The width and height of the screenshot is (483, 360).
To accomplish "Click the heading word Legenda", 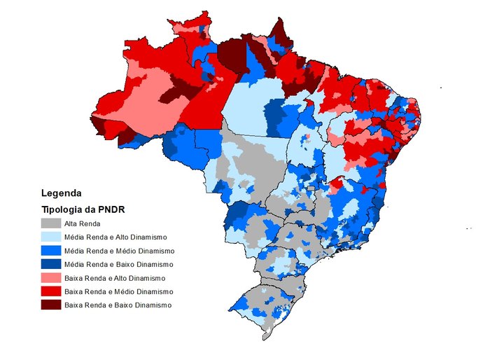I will pyautogui.click(x=62, y=193).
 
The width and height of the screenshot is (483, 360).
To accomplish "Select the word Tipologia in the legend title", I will pyautogui.click(x=62, y=209).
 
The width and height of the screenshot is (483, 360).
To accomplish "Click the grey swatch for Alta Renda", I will pyautogui.click(x=50, y=223).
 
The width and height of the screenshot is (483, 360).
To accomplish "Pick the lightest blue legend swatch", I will pyautogui.click(x=50, y=237).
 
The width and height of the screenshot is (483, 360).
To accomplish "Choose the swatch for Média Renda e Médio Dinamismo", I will pyautogui.click(x=50, y=251).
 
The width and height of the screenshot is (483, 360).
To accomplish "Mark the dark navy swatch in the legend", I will pyautogui.click(x=50, y=264).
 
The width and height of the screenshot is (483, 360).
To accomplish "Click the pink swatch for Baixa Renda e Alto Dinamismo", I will pyautogui.click(x=50, y=278).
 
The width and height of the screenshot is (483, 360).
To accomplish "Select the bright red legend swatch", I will pyautogui.click(x=50, y=291).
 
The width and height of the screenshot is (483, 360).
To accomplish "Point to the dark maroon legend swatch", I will pyautogui.click(x=50, y=305).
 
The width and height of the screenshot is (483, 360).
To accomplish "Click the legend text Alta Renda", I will pyautogui.click(x=81, y=223).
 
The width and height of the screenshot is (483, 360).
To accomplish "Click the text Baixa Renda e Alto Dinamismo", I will pyautogui.click(x=114, y=278).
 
